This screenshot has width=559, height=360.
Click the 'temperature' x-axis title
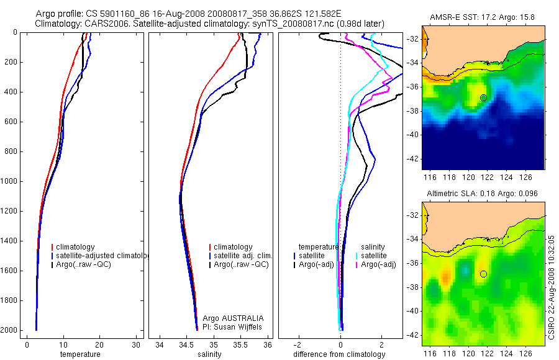[x=80, y=354]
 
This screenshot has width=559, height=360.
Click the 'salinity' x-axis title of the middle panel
[x=209, y=354]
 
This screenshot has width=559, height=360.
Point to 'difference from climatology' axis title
[x=339, y=354]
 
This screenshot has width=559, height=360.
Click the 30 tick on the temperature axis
[x=135, y=344]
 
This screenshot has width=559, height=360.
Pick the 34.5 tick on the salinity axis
[x=186, y=344]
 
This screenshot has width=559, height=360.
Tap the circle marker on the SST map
[x=483, y=97]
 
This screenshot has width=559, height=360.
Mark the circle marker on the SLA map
[x=483, y=274]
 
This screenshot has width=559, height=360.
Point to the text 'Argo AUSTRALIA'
[x=233, y=318]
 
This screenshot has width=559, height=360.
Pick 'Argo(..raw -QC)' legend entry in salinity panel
[x=240, y=264]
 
